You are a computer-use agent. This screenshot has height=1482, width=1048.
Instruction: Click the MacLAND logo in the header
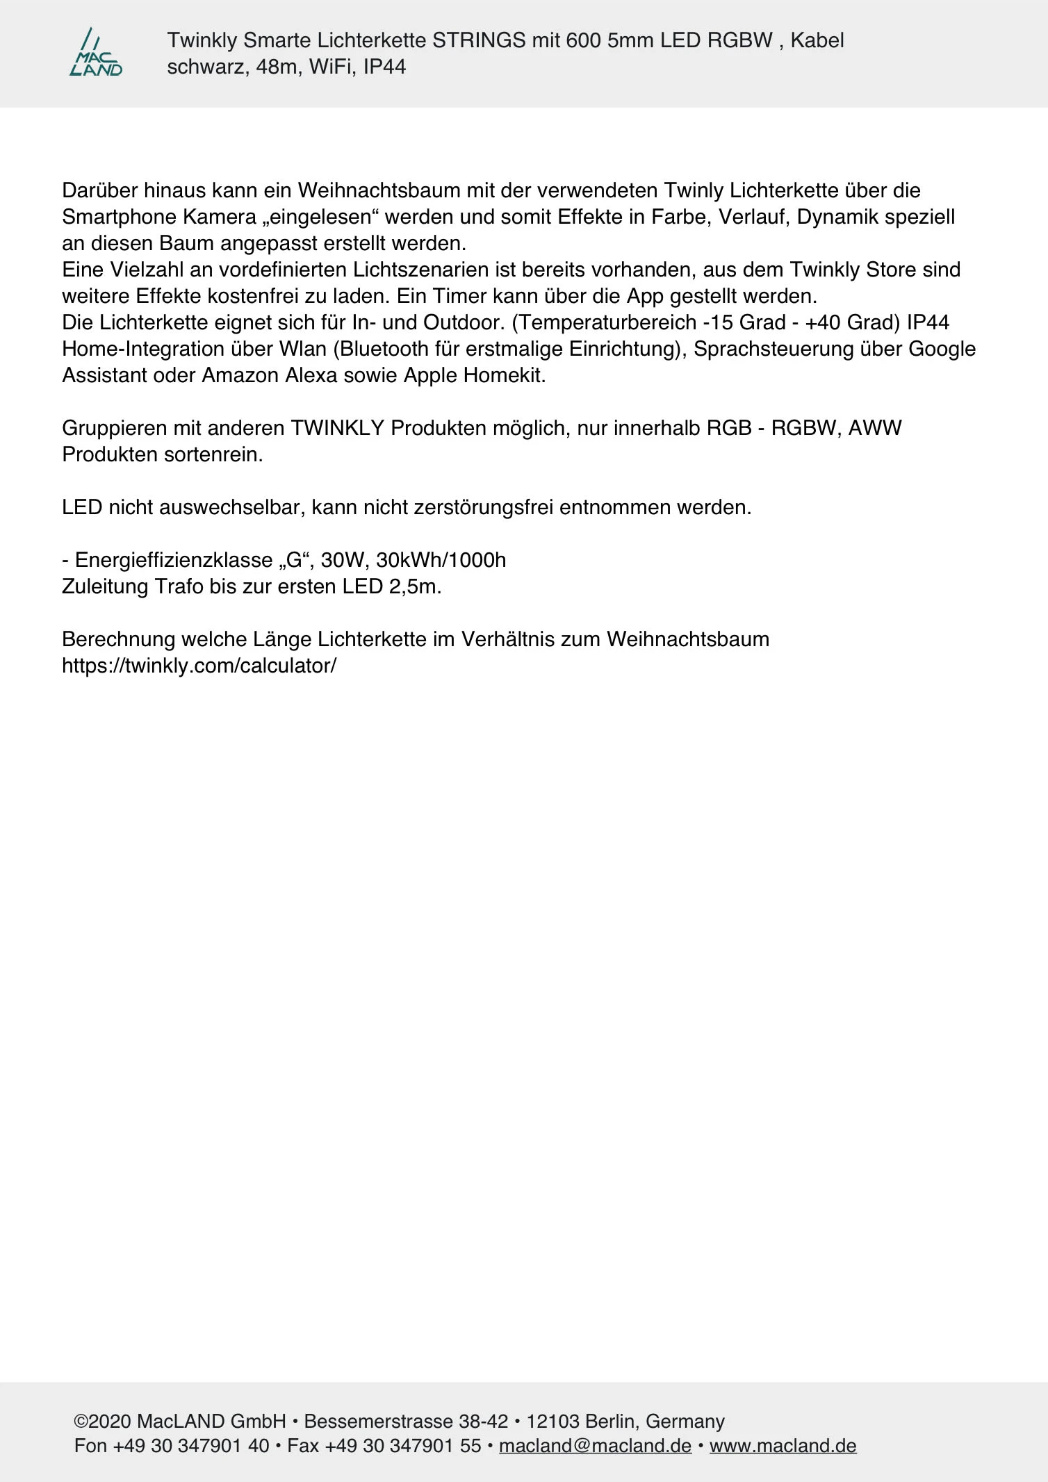[96, 53]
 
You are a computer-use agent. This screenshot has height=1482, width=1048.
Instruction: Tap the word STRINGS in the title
[478, 40]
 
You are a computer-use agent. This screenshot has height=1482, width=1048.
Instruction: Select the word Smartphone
[120, 217]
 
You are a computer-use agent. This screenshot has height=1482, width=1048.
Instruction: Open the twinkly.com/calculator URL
[199, 666]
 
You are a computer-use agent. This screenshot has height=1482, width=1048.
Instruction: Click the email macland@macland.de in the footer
[595, 1446]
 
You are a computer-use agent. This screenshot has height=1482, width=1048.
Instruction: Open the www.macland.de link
[783, 1446]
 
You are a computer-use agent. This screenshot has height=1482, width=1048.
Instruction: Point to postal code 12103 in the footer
[552, 1422]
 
